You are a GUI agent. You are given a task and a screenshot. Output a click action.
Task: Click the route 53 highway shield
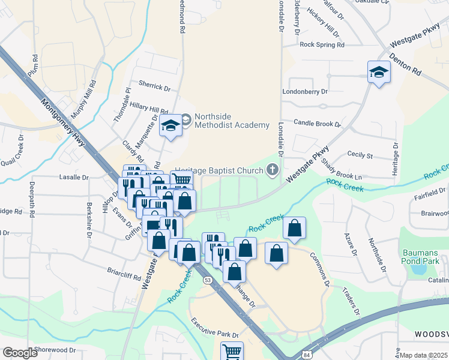coord(208,280)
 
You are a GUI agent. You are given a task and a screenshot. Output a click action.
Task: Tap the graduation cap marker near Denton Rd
coord(379,73)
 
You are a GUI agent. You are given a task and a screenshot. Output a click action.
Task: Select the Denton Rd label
coord(405,62)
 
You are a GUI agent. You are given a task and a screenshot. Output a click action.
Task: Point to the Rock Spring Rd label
coord(322,44)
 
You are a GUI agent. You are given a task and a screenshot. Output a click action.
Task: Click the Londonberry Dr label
coord(306,92)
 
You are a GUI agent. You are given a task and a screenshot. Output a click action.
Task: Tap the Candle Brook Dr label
coord(317,122)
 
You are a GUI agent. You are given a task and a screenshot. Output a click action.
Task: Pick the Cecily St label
coord(360,155)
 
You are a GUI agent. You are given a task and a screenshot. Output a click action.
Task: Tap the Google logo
coord(20,353)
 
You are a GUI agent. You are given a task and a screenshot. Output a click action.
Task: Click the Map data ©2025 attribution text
coord(424,355)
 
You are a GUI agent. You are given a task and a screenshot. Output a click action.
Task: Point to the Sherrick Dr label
coord(154,86)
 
